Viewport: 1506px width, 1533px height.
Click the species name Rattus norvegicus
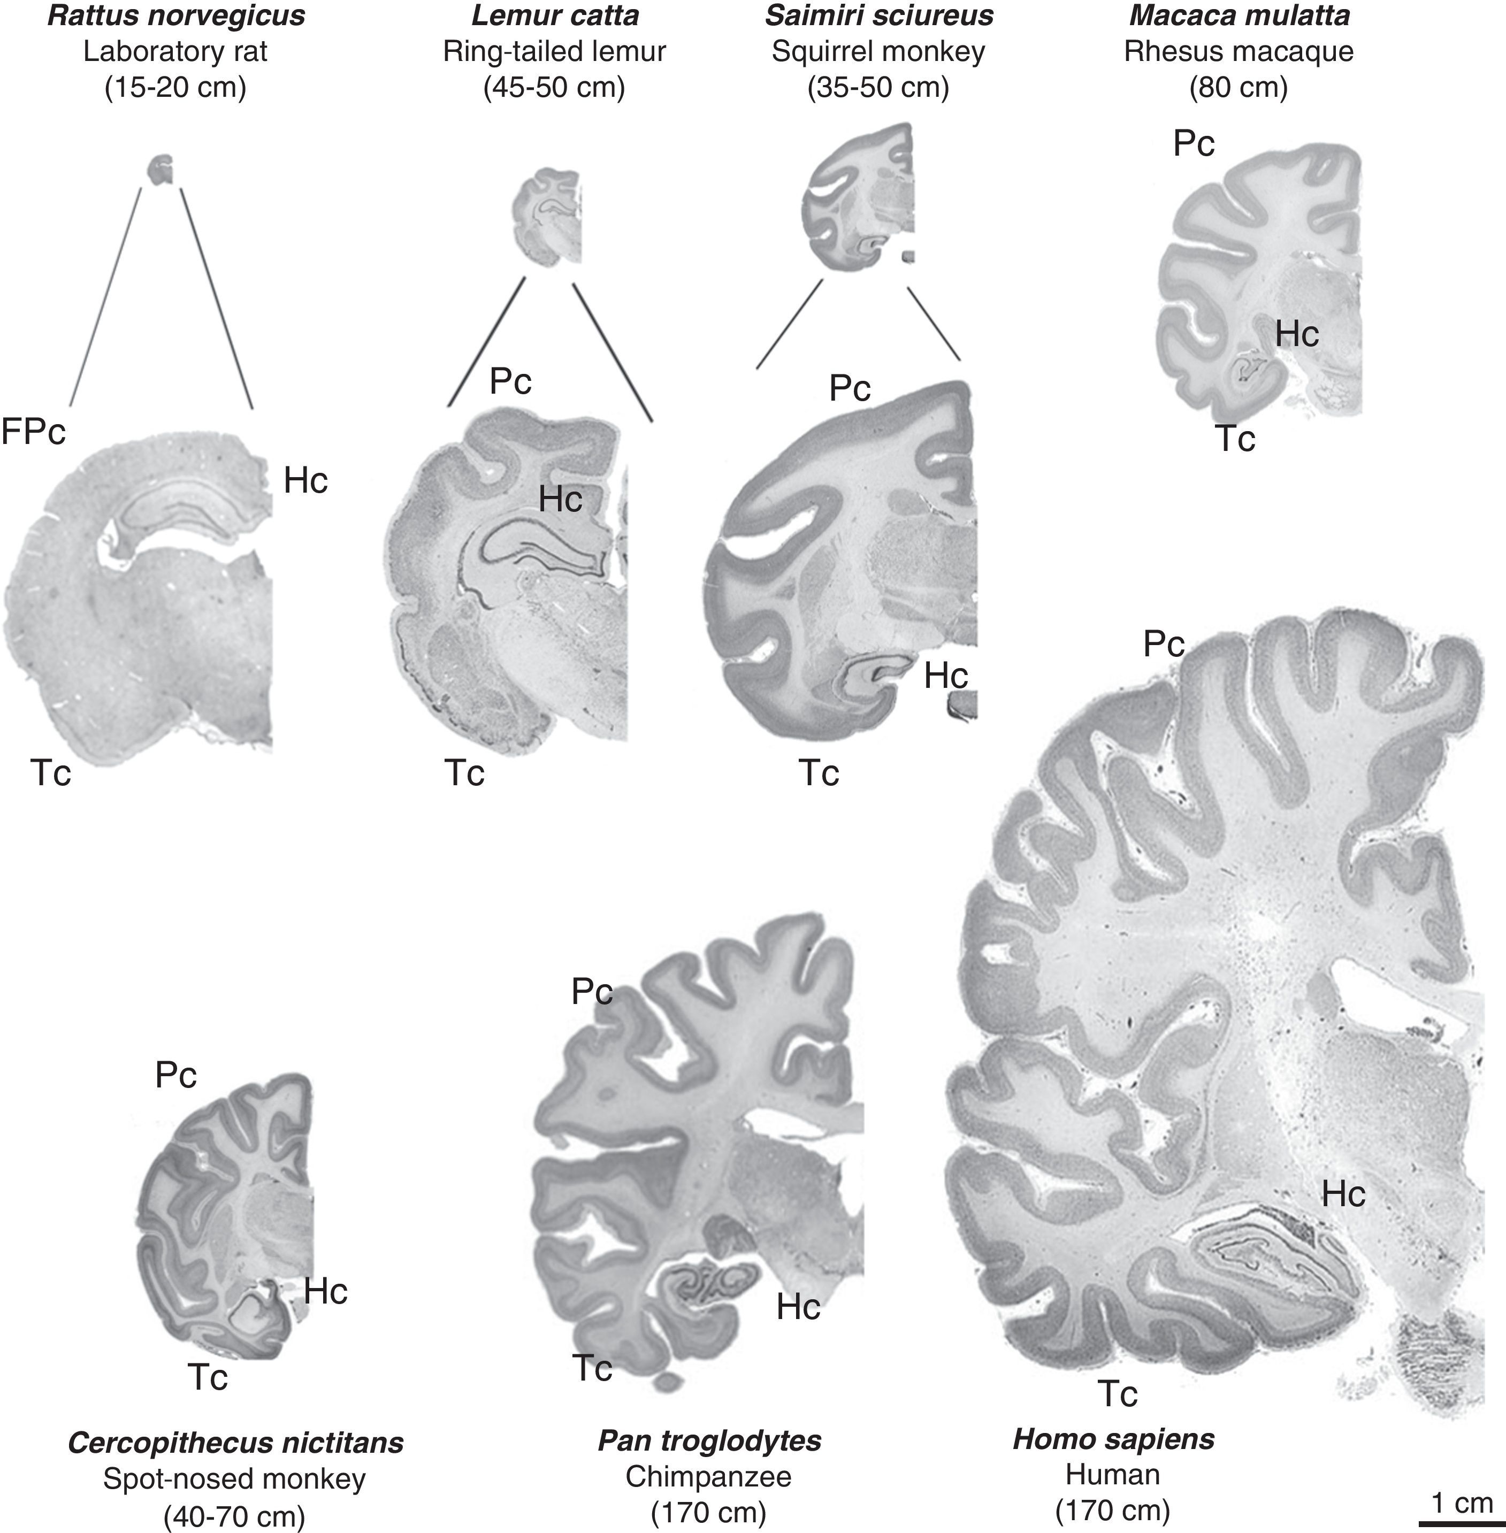(x=175, y=17)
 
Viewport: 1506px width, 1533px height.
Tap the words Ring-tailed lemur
(x=554, y=51)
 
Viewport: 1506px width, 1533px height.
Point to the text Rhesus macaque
(x=1239, y=51)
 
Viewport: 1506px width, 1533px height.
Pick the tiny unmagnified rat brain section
(x=162, y=170)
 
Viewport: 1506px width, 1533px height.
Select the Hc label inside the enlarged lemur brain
(x=560, y=499)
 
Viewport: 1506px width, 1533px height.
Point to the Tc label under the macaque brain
(x=1235, y=439)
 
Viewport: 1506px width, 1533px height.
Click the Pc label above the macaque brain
(x=1194, y=143)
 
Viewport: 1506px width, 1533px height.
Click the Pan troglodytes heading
(x=709, y=1440)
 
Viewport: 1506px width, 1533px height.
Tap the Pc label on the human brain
(x=1164, y=645)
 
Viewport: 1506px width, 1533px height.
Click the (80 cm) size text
(x=1239, y=87)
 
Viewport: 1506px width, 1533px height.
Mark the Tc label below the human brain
(x=1117, y=1394)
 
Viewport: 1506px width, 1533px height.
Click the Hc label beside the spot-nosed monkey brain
(x=325, y=1291)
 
